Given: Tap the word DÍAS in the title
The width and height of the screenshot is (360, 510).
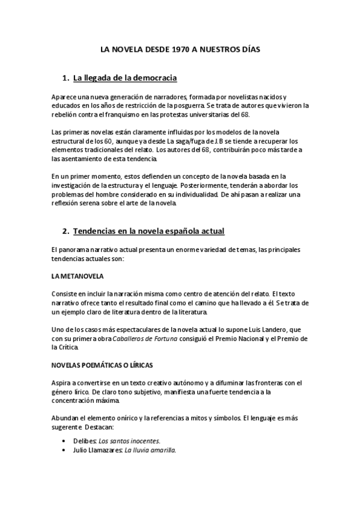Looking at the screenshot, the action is [248, 51].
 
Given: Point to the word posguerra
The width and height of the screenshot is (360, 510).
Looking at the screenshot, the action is [203, 105].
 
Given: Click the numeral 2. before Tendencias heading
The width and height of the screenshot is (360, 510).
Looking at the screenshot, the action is [66, 231].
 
